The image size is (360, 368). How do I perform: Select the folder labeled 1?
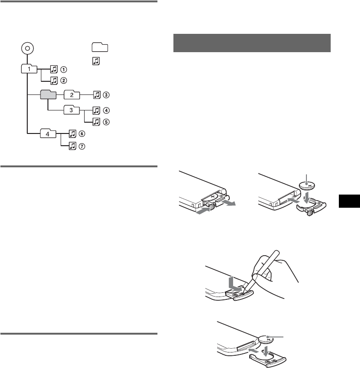30,69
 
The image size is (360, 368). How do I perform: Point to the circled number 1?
63,69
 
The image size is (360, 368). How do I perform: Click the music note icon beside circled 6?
72,134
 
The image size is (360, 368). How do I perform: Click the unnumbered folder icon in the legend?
99,47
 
